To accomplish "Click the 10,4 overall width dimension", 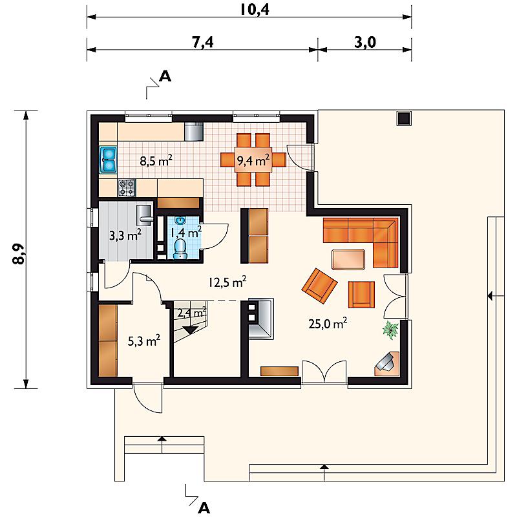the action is click(255, 9).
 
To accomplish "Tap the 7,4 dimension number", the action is click(203, 42).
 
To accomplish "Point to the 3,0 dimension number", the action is click(365, 42).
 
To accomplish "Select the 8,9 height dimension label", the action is click(19, 254).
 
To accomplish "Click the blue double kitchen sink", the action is click(109, 160).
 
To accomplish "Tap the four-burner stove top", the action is click(127, 188).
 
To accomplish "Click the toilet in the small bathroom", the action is click(180, 248).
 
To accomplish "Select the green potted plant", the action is click(391, 330).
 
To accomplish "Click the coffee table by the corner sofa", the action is click(348, 259).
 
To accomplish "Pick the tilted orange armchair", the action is click(319, 286).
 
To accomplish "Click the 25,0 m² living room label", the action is click(328, 324).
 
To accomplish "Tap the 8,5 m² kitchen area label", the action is click(156, 162).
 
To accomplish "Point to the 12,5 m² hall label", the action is click(227, 282).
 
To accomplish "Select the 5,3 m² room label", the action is click(144, 341).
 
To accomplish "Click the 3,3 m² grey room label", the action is click(125, 235).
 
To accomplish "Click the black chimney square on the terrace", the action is click(404, 118).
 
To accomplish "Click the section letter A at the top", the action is click(165, 76).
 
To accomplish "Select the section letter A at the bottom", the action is click(204, 508).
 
